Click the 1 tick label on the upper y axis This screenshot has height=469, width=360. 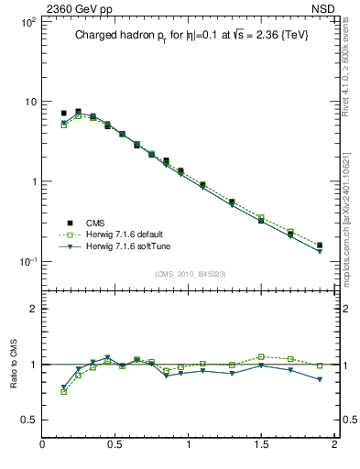tap(33, 181)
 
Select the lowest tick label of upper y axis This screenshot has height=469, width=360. tap(27, 262)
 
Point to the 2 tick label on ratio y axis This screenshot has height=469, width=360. tap(33, 310)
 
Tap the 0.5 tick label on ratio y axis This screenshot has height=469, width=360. tap(29, 420)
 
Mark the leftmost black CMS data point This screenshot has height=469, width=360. tap(63, 114)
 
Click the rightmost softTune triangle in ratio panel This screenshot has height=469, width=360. tap(320, 379)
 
